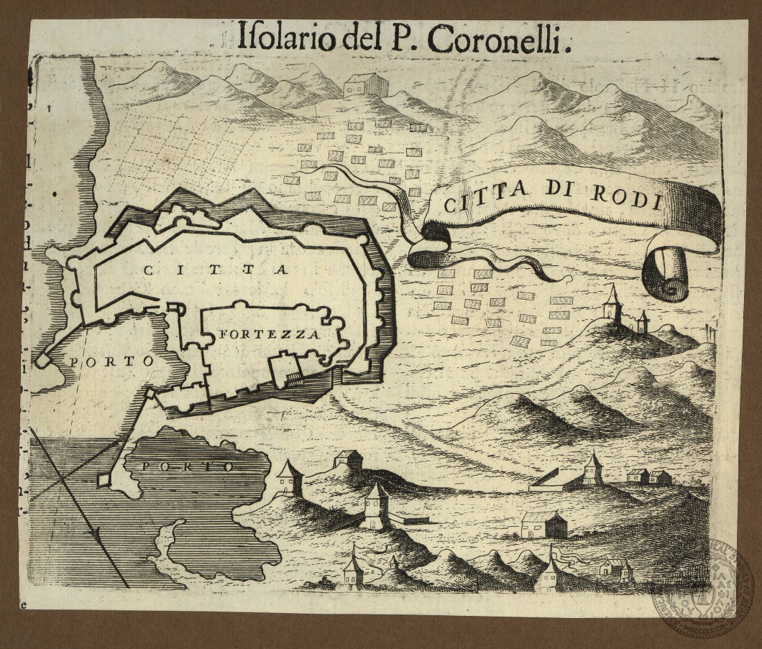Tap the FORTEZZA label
(270, 335)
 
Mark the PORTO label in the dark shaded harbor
(188, 466)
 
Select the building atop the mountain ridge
(365, 85)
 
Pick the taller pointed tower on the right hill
(612, 304)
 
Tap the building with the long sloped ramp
(552, 479)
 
